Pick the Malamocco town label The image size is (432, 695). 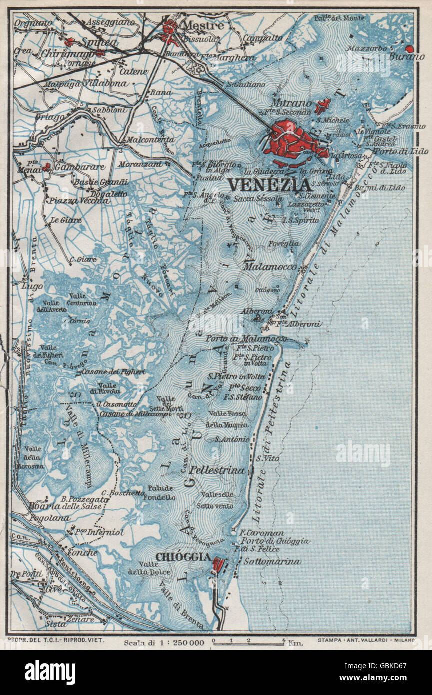[x=269, y=267]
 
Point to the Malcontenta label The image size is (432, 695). [x=150, y=140]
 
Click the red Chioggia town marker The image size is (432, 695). [x=218, y=564]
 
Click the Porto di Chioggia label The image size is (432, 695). [x=275, y=541]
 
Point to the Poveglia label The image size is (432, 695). [x=284, y=243]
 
